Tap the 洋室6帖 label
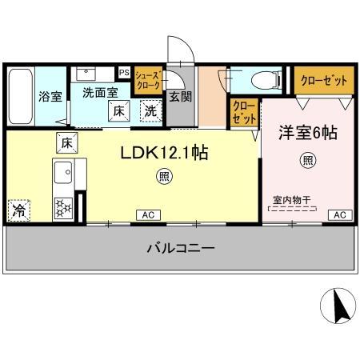coord(307,134)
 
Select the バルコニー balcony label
coord(180,249)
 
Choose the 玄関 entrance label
coord(180,97)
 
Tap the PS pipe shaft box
coord(124,72)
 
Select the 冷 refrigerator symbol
coord(19,210)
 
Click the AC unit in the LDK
coord(148,214)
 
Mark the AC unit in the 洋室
coord(339,214)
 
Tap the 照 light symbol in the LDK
coord(163,177)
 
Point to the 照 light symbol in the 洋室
coord(307,160)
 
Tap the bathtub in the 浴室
coord(19,96)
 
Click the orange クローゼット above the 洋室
coord(323,80)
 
